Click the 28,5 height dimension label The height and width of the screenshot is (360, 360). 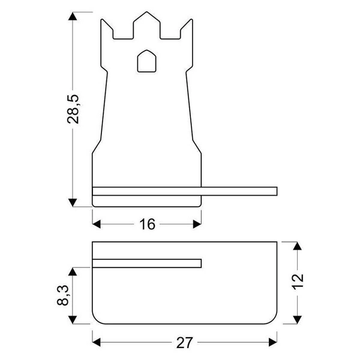(x=74, y=109)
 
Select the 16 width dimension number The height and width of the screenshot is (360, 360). (x=147, y=224)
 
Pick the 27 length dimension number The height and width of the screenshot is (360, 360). (x=184, y=343)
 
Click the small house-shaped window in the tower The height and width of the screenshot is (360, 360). (x=146, y=61)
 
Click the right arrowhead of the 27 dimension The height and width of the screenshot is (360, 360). (x=274, y=343)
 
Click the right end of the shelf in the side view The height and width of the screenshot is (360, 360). (x=276, y=191)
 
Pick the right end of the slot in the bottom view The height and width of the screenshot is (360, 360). (x=199, y=263)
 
